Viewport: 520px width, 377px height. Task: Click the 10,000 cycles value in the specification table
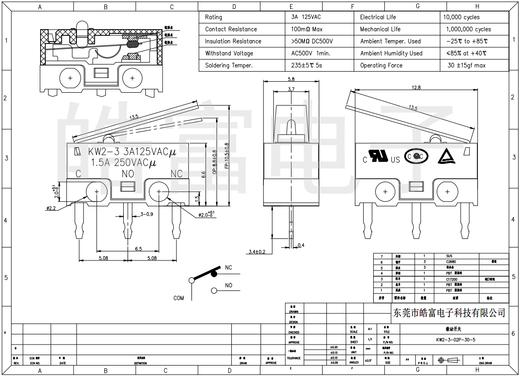[461, 17]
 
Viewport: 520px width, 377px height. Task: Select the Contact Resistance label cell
[231, 29]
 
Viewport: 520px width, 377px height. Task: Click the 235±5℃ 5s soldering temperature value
[306, 65]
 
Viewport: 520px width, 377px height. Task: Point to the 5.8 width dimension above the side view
[291, 79]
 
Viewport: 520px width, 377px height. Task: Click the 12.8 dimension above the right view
[415, 87]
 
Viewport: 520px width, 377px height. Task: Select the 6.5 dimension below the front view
[138, 249]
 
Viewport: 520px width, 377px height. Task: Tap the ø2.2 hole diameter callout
[51, 208]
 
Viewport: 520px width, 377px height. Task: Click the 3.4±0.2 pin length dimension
[257, 251]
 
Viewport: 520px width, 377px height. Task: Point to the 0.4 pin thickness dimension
[301, 246]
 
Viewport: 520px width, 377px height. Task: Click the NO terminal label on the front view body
[128, 173]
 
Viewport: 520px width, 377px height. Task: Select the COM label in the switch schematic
[179, 298]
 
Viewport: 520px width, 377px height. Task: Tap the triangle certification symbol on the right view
[445, 156]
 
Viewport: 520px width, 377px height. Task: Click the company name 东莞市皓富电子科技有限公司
[449, 312]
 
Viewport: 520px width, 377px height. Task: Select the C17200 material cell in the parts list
[452, 279]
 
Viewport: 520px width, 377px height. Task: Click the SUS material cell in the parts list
[449, 256]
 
